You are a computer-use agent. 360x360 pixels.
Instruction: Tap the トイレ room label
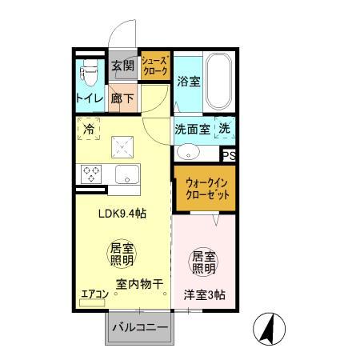click(89, 99)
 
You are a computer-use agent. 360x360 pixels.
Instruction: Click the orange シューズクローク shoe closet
click(154, 66)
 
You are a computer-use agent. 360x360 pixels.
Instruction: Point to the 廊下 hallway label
click(122, 99)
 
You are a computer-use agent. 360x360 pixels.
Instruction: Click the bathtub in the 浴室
click(218, 83)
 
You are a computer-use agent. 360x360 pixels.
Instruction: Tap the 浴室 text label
click(189, 82)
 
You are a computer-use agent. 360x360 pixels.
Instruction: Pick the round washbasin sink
click(189, 151)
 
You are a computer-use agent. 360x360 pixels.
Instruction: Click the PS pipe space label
click(229, 155)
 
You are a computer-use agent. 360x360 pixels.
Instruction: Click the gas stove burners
click(90, 174)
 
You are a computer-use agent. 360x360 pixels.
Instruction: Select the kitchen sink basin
click(126, 174)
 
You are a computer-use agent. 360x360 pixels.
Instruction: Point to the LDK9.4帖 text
click(122, 214)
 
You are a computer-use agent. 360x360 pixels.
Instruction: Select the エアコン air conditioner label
click(94, 294)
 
